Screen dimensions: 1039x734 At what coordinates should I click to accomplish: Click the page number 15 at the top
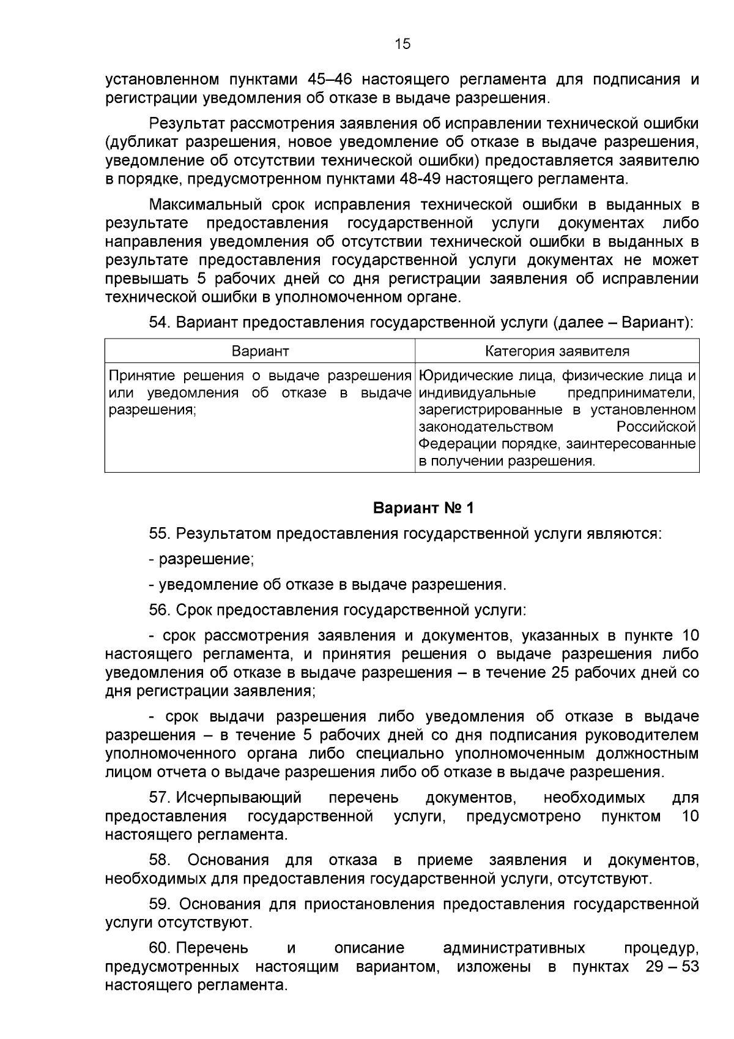pyautogui.click(x=403, y=44)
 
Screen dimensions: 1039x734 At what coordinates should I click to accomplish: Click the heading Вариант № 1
pyautogui.click(x=423, y=508)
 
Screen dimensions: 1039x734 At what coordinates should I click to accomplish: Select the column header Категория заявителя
pyautogui.click(x=557, y=351)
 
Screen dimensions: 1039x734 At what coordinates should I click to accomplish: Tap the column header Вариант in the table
pyautogui.click(x=260, y=351)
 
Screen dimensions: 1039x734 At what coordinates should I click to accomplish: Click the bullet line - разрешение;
pyautogui.click(x=201, y=559)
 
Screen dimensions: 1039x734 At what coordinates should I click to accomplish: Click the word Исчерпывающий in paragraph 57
pyautogui.click(x=239, y=798)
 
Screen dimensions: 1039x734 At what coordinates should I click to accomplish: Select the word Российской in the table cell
pyautogui.click(x=656, y=427)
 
